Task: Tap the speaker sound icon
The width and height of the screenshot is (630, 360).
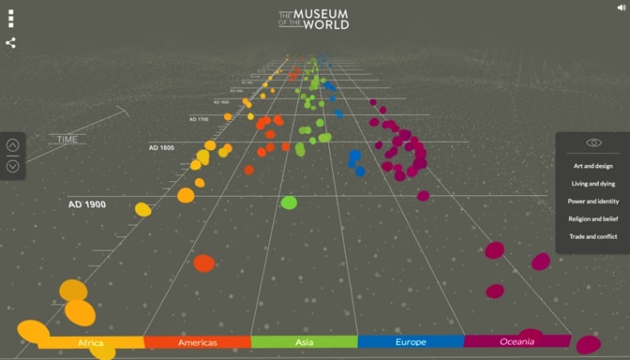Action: pyautogui.click(x=621, y=7)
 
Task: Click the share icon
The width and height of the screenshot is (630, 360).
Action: pyautogui.click(x=11, y=43)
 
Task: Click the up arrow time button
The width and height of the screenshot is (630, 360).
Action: pyautogui.click(x=12, y=146)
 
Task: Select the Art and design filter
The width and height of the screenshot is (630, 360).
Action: pyautogui.click(x=593, y=166)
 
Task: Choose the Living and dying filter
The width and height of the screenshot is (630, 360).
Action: pyautogui.click(x=593, y=184)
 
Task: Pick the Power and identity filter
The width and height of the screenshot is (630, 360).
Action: pyautogui.click(x=593, y=201)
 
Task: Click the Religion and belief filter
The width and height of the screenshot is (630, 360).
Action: pyautogui.click(x=593, y=219)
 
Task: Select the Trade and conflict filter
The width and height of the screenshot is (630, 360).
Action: pyautogui.click(x=593, y=236)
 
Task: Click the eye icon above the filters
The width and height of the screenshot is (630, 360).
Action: pyautogui.click(x=593, y=143)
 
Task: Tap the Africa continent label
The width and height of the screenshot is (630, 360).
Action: pyautogui.click(x=91, y=342)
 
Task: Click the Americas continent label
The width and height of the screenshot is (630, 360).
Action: pyautogui.click(x=198, y=342)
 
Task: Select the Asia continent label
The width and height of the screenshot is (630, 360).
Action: pyautogui.click(x=304, y=342)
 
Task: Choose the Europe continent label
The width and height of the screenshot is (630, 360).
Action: pyautogui.click(x=411, y=342)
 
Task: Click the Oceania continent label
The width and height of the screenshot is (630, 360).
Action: pyautogui.click(x=518, y=341)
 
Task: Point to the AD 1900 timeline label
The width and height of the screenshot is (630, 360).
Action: pyautogui.click(x=87, y=204)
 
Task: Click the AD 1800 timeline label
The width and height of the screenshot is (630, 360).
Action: pyautogui.click(x=161, y=148)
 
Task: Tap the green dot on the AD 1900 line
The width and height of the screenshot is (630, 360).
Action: pyautogui.click(x=289, y=202)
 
